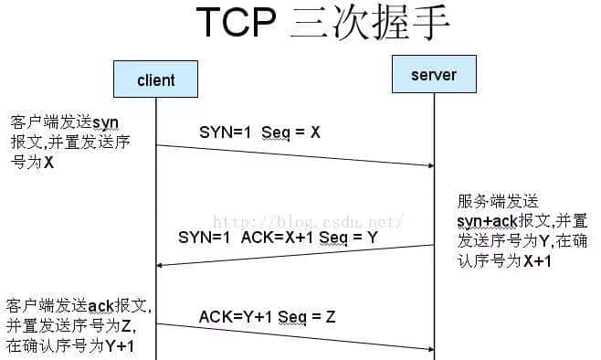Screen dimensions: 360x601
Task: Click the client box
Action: click(x=155, y=79)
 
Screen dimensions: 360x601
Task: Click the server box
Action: click(x=434, y=74)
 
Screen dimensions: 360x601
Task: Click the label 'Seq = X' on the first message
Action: click(x=290, y=132)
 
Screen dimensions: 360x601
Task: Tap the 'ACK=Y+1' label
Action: click(x=233, y=316)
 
